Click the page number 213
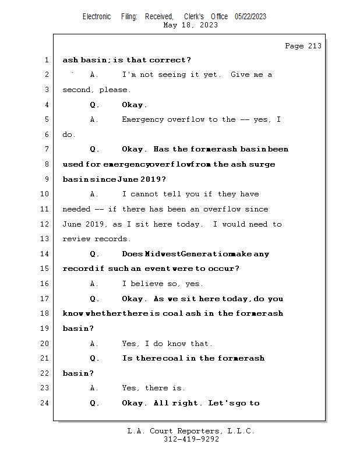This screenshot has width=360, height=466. (x=315, y=46)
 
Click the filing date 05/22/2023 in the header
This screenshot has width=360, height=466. (x=250, y=17)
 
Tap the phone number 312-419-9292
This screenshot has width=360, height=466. (x=191, y=439)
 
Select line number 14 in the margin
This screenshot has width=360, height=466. (x=44, y=254)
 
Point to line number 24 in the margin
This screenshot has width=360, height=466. (x=44, y=403)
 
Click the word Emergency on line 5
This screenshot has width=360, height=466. (x=143, y=120)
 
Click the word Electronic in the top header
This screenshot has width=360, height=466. (x=97, y=17)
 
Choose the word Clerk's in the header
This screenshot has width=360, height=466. (x=194, y=17)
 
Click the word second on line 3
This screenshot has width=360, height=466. (x=76, y=90)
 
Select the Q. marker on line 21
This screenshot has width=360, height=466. (x=94, y=358)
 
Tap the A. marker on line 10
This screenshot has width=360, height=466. (x=94, y=194)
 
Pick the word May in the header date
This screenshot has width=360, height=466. (x=170, y=25)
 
